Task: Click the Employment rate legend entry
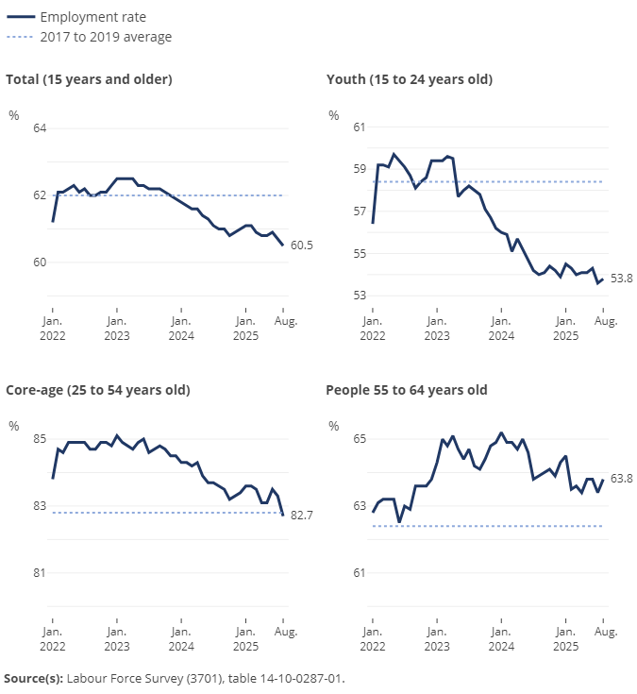point(92,17)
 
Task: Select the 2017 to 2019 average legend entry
point(106,37)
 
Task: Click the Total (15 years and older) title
point(89,79)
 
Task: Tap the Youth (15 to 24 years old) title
point(409,79)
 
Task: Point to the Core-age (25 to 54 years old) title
point(98,390)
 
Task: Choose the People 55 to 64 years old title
point(406,390)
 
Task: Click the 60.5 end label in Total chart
point(302,245)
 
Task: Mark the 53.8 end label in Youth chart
point(622,278)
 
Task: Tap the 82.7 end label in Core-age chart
point(302,516)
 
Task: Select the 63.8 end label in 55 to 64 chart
point(622,479)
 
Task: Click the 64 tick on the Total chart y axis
point(40,127)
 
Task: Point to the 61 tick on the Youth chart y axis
point(360,127)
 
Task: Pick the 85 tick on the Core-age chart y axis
point(40,439)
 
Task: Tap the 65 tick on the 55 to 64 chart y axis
point(360,439)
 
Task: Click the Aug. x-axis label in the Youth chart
point(605,322)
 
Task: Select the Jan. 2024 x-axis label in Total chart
point(180,329)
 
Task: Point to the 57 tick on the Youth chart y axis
point(360,212)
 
